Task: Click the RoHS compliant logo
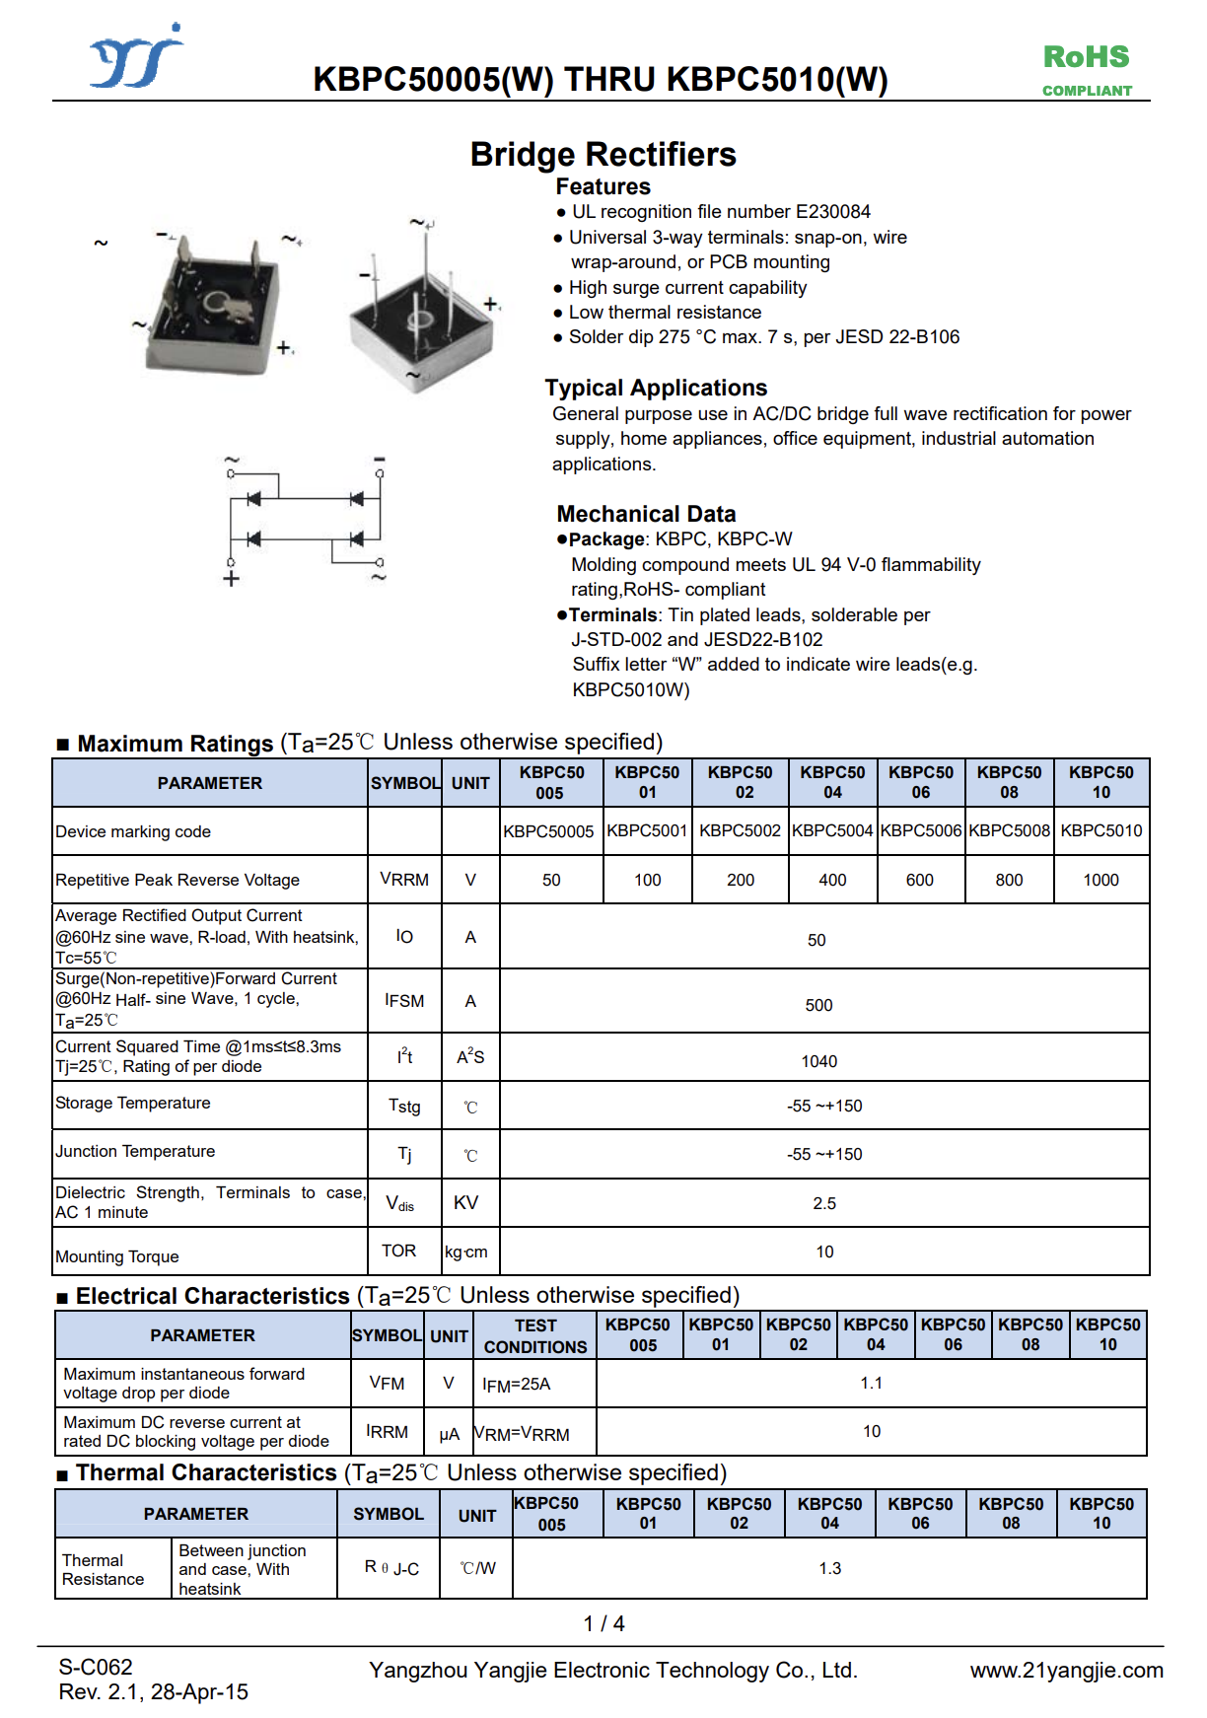tap(1087, 69)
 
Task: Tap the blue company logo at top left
tap(137, 58)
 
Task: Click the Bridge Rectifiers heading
tap(603, 155)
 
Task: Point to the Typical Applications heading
tap(656, 388)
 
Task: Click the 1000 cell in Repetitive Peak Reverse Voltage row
tap(1100, 880)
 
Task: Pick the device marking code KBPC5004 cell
tap(832, 831)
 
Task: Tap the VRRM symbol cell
tap(404, 880)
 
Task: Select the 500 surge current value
tap(818, 1005)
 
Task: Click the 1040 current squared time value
tap(818, 1061)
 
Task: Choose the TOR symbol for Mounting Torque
tap(398, 1251)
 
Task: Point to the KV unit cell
tap(465, 1203)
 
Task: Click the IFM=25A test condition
tap(516, 1385)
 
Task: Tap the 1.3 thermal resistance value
tap(829, 1568)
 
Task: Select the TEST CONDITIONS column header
tap(534, 1336)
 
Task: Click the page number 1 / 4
tap(603, 1623)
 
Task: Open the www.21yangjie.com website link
tap(1066, 1671)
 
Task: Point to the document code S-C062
tap(96, 1667)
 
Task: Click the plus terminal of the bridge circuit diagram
tap(231, 579)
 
